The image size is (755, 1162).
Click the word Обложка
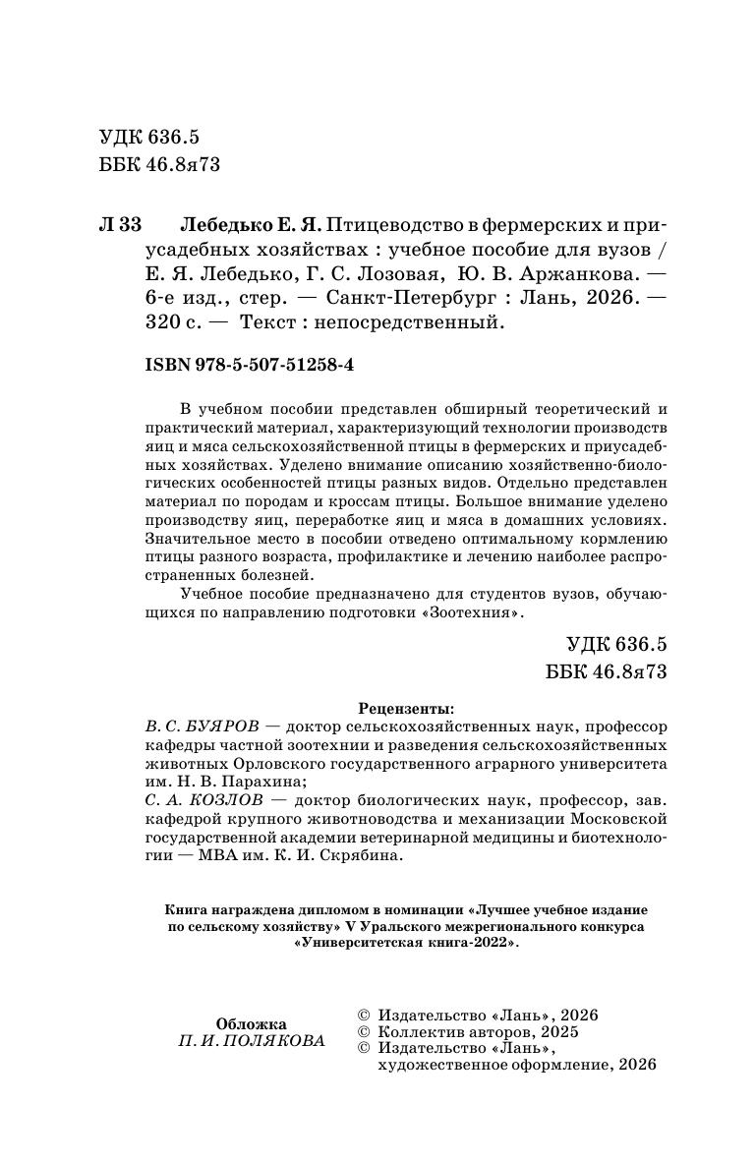(x=252, y=1022)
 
